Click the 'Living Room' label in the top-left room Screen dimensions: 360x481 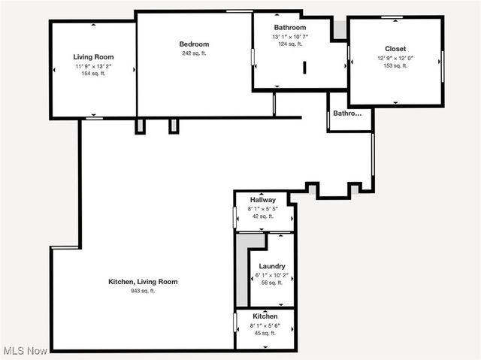(93, 57)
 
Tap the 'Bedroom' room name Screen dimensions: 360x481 (194, 44)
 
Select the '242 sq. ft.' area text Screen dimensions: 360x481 (194, 53)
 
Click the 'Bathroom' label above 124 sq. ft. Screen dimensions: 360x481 (289, 27)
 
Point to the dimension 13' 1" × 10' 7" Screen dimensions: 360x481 (289, 36)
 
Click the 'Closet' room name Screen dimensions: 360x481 (395, 49)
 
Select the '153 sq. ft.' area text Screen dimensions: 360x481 (395, 66)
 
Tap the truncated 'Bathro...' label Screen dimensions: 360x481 (347, 113)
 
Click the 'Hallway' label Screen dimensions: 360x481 (263, 200)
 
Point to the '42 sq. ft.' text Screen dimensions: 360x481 (263, 216)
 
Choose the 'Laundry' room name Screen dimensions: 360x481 (271, 267)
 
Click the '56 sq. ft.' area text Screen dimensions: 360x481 (271, 283)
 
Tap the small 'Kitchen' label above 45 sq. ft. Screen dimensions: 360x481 (265, 316)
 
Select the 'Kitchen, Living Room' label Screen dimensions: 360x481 (143, 282)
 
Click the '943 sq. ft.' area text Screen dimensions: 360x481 (143, 291)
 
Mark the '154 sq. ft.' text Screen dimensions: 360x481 (93, 74)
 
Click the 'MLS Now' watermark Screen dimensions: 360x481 (26, 351)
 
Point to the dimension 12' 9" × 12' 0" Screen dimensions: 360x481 (395, 58)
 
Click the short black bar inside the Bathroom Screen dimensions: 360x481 (304, 67)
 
